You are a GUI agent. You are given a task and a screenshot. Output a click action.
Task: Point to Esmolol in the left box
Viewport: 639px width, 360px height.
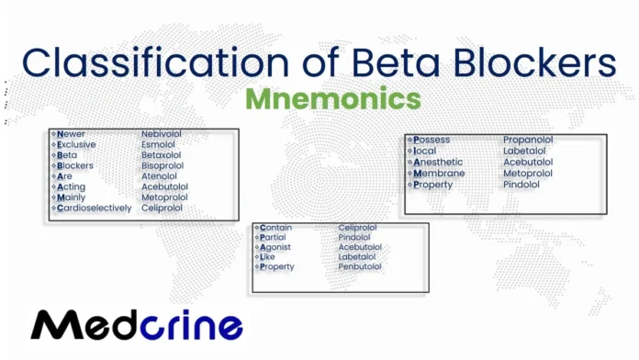(x=158, y=144)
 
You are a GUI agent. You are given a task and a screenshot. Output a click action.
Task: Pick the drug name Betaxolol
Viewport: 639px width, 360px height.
(x=162, y=155)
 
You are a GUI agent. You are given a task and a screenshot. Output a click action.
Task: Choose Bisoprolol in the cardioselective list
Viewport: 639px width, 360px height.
(x=163, y=166)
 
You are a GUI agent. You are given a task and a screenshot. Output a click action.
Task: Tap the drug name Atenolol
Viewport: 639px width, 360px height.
(x=159, y=176)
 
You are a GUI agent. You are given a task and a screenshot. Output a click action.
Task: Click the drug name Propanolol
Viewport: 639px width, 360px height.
(x=528, y=141)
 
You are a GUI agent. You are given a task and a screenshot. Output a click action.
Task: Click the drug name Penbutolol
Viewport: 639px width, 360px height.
(x=360, y=267)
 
